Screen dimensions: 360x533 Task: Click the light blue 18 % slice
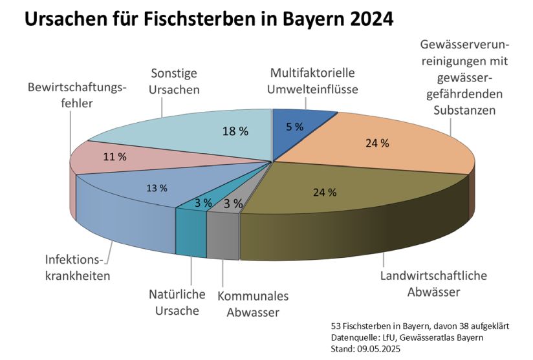pyautogui.click(x=207, y=132)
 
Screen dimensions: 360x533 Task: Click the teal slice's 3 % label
pyautogui.click(x=203, y=203)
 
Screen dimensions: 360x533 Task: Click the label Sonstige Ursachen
pyautogui.click(x=174, y=81)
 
